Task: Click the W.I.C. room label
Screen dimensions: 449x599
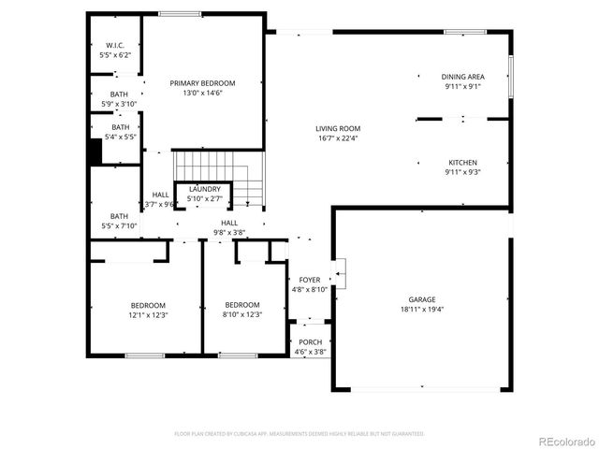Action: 115,45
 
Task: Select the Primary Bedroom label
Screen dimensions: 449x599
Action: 202,83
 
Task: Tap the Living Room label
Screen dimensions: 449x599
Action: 338,129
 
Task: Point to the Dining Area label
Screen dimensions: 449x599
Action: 462,77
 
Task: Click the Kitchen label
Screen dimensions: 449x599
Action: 462,162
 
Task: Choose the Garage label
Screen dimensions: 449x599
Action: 421,299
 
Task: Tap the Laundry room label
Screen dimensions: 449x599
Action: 204,189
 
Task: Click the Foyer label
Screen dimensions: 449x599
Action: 309,280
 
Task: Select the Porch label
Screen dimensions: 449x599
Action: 310,342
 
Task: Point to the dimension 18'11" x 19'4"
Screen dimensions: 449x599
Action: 421,309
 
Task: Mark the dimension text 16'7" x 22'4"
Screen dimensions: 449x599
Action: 338,138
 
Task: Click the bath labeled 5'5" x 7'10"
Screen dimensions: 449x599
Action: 120,220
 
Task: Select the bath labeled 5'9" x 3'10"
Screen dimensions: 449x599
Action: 120,98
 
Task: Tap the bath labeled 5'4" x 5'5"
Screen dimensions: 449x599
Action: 121,132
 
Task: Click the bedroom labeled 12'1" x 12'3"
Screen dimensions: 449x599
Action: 148,310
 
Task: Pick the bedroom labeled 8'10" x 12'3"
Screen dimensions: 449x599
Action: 241,310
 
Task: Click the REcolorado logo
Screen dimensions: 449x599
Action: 563,441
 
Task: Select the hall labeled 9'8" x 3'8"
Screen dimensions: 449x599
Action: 229,227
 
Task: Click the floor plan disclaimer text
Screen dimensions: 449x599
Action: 299,434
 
